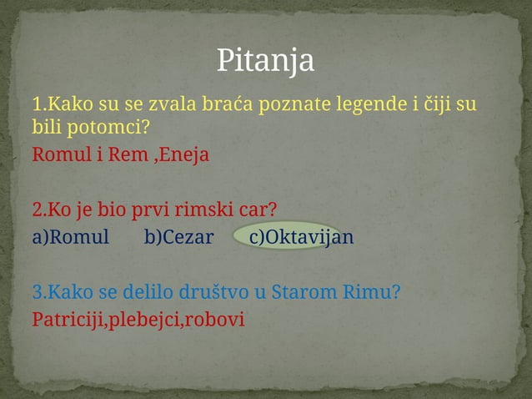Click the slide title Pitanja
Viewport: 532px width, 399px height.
(x=265, y=60)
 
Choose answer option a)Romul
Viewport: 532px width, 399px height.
(x=71, y=237)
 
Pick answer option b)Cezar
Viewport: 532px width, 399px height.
(x=178, y=237)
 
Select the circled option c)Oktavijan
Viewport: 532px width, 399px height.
(x=301, y=237)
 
